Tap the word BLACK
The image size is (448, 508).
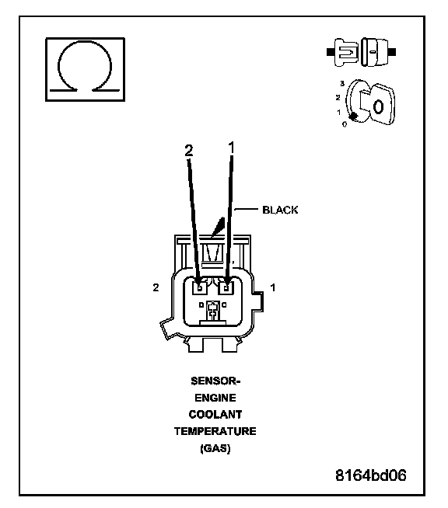tap(280, 210)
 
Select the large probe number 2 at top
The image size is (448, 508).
tap(189, 151)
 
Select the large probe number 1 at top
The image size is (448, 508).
tap(231, 148)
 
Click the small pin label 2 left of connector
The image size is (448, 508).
tap(156, 287)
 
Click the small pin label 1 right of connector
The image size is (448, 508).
tap(273, 287)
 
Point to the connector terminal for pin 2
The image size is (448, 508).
tap(200, 287)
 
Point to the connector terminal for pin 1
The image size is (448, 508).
tap(226, 287)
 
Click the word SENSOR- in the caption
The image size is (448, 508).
tap(215, 381)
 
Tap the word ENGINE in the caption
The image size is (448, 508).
tap(215, 398)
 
